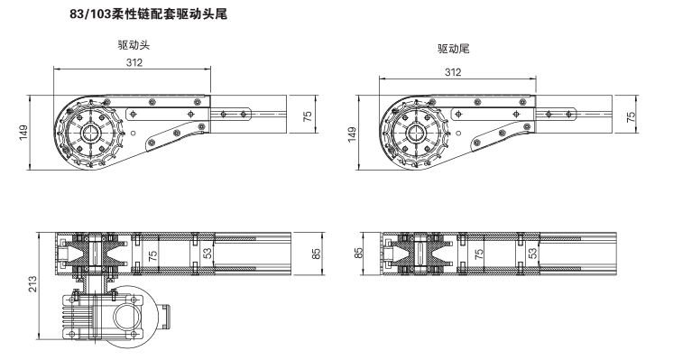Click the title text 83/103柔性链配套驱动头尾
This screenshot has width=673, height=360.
click(x=149, y=14)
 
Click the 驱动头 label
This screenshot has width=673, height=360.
click(x=134, y=44)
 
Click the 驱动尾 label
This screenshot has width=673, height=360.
click(x=454, y=49)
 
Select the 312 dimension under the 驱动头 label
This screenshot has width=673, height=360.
click(x=134, y=62)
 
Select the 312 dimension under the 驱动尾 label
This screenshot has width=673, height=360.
click(x=453, y=72)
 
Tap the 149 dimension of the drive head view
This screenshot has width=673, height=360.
click(x=23, y=132)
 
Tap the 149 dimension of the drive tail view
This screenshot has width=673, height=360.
click(x=352, y=134)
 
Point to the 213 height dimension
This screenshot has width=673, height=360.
click(x=32, y=284)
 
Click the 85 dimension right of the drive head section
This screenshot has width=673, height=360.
click(x=317, y=254)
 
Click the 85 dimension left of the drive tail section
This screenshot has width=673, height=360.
click(x=359, y=254)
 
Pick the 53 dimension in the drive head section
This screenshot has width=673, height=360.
click(x=207, y=254)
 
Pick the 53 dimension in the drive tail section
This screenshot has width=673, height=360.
click(x=532, y=254)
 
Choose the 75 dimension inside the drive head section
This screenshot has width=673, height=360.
click(x=152, y=255)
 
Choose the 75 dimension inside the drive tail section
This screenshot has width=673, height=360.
click(x=479, y=254)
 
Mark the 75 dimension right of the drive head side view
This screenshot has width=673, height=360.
click(x=308, y=116)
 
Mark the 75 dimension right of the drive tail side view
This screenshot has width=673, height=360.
click(x=631, y=117)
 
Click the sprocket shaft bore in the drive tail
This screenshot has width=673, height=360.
click(x=416, y=133)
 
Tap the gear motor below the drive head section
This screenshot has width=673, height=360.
click(x=115, y=316)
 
